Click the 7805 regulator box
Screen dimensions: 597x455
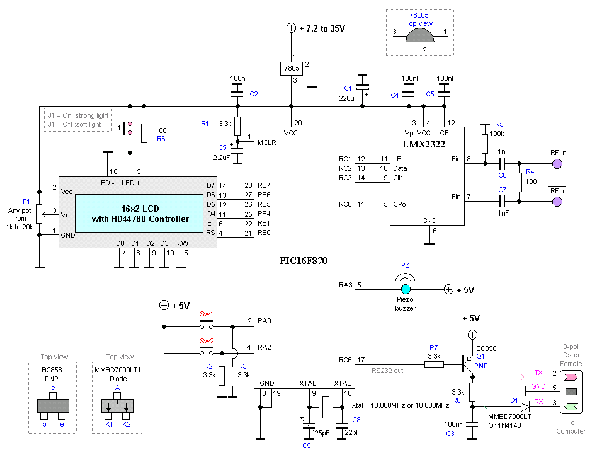(x=292, y=68)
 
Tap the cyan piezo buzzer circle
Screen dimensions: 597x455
(x=406, y=290)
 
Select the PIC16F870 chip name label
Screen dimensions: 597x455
(x=303, y=261)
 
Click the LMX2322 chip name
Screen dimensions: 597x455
(x=423, y=144)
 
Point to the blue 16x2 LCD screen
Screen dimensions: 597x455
(x=139, y=214)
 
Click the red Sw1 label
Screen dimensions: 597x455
(x=207, y=314)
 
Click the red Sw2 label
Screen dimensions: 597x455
(x=207, y=341)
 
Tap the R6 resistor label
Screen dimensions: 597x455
(x=161, y=139)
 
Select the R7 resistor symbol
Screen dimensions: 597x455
(x=434, y=365)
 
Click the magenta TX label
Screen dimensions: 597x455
(x=538, y=372)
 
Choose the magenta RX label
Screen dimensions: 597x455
(x=538, y=401)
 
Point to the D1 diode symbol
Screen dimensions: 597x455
(x=526, y=406)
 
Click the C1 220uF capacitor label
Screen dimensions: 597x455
(x=348, y=88)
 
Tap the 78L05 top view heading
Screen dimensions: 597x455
(x=419, y=20)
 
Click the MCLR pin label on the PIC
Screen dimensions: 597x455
(x=266, y=142)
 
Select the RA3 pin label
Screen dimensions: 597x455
(x=345, y=285)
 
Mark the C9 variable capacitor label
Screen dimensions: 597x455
(x=307, y=446)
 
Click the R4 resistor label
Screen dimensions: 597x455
(x=530, y=171)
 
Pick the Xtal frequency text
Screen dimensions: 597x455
(x=400, y=405)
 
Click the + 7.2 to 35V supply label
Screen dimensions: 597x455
(x=322, y=28)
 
